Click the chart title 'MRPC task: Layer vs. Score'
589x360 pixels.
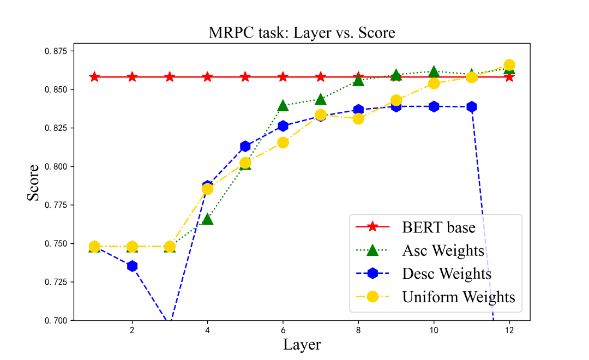click(x=302, y=33)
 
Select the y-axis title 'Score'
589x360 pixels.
click(x=33, y=183)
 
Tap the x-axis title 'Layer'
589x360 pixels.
click(x=302, y=345)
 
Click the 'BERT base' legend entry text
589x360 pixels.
click(x=438, y=227)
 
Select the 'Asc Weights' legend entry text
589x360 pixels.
click(x=443, y=250)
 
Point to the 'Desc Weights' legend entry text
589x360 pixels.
click(x=447, y=273)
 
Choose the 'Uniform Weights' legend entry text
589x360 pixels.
click(x=458, y=297)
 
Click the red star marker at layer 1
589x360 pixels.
click(x=94, y=77)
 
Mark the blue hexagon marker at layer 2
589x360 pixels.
click(x=132, y=266)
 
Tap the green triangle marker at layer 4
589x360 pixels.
click(x=207, y=219)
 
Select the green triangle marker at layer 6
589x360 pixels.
click(x=283, y=106)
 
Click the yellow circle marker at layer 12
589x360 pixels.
click(x=509, y=65)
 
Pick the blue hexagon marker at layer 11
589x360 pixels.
click(x=471, y=107)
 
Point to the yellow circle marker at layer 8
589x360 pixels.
click(x=358, y=118)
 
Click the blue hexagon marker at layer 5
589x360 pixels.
click(x=245, y=146)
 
